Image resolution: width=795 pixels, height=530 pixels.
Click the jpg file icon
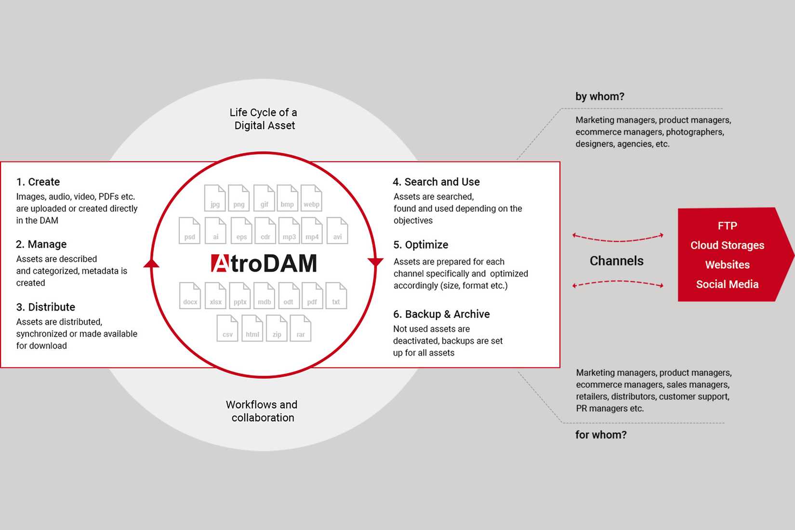point(215,198)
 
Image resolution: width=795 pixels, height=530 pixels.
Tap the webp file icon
point(311,198)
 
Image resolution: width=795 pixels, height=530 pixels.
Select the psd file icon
point(189,231)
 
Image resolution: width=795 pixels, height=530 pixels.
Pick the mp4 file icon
point(312,231)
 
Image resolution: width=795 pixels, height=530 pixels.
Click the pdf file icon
point(312,296)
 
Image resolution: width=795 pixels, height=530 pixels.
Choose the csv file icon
point(227,328)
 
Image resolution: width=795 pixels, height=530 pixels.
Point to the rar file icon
point(301,328)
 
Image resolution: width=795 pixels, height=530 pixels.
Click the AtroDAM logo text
point(264,263)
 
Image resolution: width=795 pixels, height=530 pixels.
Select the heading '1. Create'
point(38,182)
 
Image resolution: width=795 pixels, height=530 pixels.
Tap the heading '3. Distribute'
point(46,307)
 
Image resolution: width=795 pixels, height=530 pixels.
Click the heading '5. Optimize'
point(421,245)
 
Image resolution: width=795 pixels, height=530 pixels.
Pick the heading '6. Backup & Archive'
point(441,314)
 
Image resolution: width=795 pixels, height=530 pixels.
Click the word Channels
point(617,261)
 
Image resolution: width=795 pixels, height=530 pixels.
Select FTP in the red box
point(727,225)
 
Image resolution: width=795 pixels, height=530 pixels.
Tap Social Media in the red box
point(727,284)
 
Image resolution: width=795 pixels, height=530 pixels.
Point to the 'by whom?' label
point(600,96)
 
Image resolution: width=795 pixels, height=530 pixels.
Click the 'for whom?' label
point(601,435)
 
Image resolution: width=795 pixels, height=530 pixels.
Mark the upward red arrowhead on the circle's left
point(151,263)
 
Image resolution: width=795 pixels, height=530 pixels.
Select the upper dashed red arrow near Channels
point(618,238)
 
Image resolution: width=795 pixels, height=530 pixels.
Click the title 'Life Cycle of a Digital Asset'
point(264,119)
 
